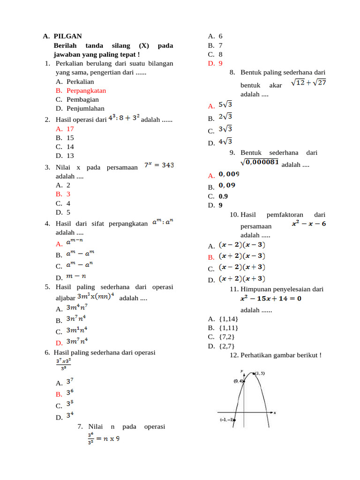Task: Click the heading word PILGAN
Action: (67, 36)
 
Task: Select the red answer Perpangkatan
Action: (86, 90)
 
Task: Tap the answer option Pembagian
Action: (82, 99)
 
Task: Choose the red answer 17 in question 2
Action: (70, 128)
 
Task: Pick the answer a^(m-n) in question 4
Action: (75, 242)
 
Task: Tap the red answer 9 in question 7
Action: (220, 63)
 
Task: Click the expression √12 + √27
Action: (308, 82)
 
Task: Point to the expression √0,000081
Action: (260, 162)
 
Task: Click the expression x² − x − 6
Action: (309, 224)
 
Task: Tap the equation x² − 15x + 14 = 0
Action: (271, 298)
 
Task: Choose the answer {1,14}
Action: (228, 319)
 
